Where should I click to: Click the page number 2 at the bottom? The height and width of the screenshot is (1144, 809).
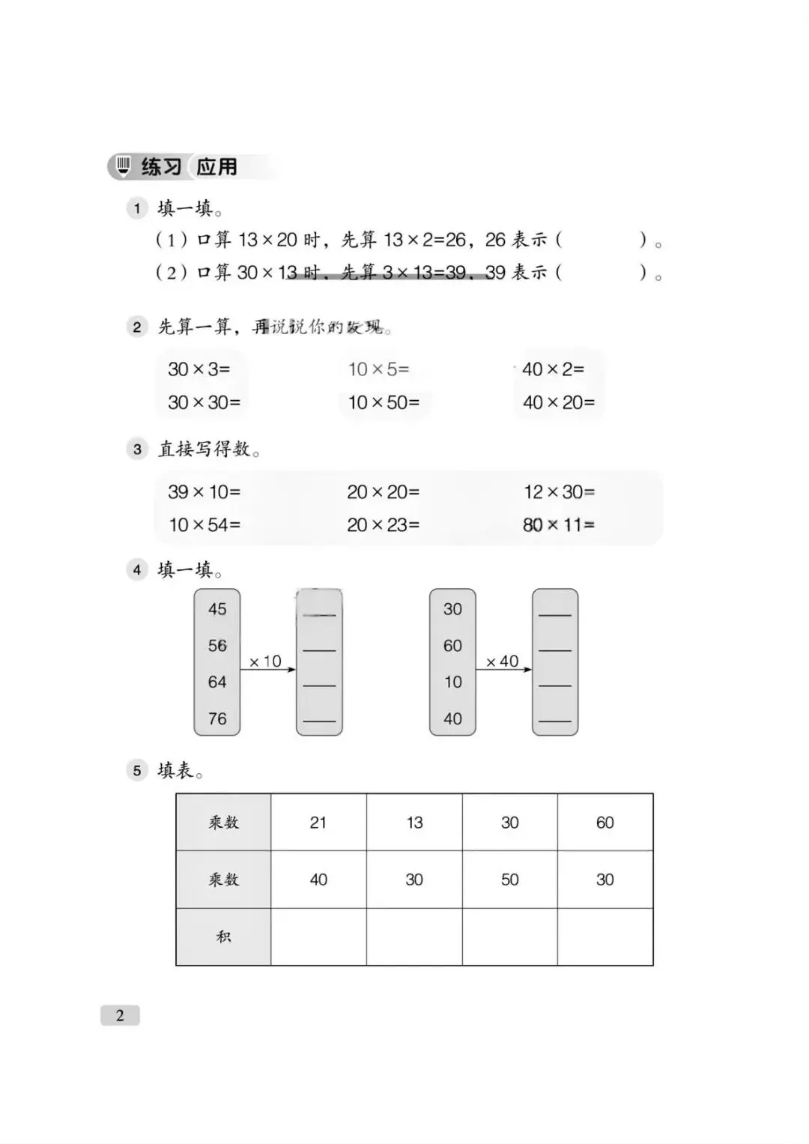tap(120, 1016)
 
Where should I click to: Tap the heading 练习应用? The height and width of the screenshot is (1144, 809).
tap(189, 166)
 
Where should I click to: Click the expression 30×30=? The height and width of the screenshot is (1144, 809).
tap(204, 402)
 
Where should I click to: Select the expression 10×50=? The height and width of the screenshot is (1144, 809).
tap(384, 402)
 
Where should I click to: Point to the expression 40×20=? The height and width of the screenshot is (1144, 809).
tap(559, 402)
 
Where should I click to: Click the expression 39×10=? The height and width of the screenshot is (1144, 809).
tap(204, 491)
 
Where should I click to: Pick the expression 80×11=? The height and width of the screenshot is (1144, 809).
tap(559, 524)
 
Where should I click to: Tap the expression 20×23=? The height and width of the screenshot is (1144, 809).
tap(383, 524)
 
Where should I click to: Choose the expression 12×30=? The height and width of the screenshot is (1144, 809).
tap(559, 491)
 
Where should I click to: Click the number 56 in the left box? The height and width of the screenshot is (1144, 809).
tap(217, 645)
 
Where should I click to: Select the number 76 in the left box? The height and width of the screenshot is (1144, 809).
tap(217, 718)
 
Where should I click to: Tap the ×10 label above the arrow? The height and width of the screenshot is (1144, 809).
tap(265, 662)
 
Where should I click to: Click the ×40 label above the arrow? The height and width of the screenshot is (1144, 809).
tap(502, 662)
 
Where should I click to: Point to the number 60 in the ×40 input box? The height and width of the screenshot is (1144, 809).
tap(452, 645)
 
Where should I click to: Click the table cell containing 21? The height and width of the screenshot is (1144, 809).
tap(318, 823)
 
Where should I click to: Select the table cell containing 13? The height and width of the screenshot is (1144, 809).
tap(414, 823)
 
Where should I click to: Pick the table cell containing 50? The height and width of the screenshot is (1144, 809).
tap(509, 880)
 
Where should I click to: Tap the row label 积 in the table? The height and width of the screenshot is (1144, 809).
tap(223, 936)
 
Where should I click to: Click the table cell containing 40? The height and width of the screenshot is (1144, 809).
tap(318, 880)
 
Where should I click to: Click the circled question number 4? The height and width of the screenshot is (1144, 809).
tap(137, 570)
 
